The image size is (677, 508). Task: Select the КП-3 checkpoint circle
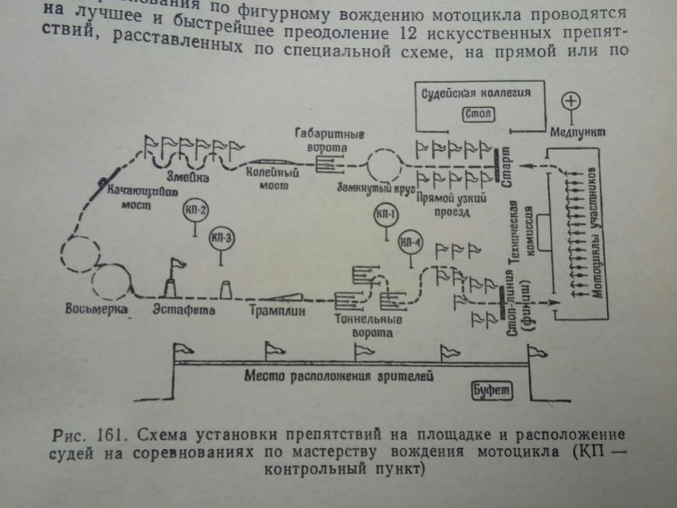pyautogui.click(x=223, y=238)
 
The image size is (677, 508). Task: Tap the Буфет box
pyautogui.click(x=489, y=391)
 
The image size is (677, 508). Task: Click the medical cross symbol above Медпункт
pyautogui.click(x=572, y=101)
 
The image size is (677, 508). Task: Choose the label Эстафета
pyautogui.click(x=184, y=311)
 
